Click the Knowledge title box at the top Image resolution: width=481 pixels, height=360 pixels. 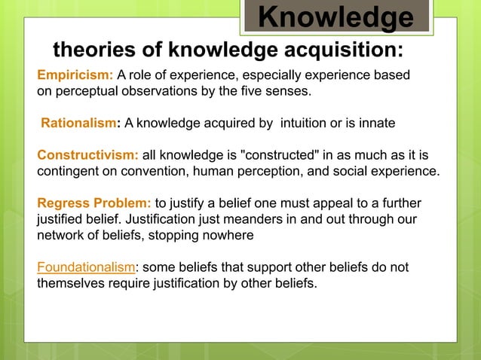(x=336, y=17)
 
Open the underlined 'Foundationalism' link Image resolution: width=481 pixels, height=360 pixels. (x=86, y=268)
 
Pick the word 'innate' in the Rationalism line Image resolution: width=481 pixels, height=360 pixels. (x=375, y=122)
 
